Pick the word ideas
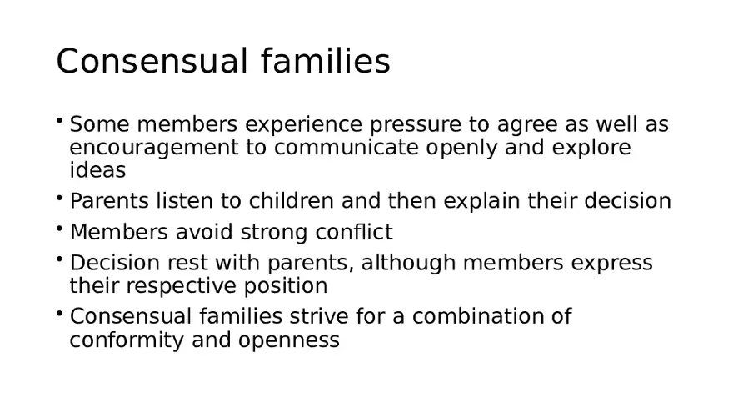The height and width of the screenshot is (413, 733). point(97,171)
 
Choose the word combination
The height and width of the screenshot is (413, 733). point(481,318)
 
